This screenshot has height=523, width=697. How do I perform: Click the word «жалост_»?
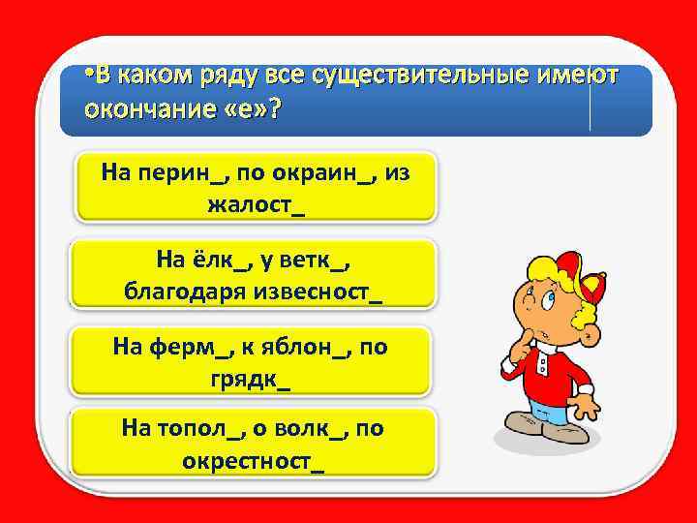[256, 205]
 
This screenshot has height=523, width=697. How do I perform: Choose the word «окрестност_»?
[255, 460]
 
